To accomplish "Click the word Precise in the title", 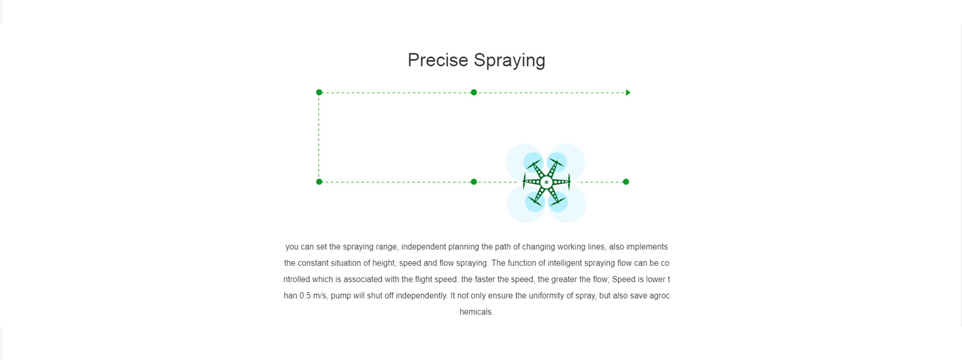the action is click(x=438, y=60).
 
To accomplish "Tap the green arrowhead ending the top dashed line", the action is click(x=628, y=93).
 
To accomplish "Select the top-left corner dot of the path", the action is click(x=319, y=92).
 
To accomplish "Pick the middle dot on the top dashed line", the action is click(x=474, y=92).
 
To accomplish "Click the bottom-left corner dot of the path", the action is click(x=319, y=182).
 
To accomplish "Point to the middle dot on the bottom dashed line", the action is click(x=474, y=182).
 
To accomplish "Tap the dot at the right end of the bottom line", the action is click(x=626, y=182).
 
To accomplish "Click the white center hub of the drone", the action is click(x=546, y=182).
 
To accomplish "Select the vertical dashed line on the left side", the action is click(x=319, y=137).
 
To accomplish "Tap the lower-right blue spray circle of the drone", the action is click(x=558, y=202).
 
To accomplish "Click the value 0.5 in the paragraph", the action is click(x=305, y=296).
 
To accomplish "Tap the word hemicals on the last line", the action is click(x=475, y=312).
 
